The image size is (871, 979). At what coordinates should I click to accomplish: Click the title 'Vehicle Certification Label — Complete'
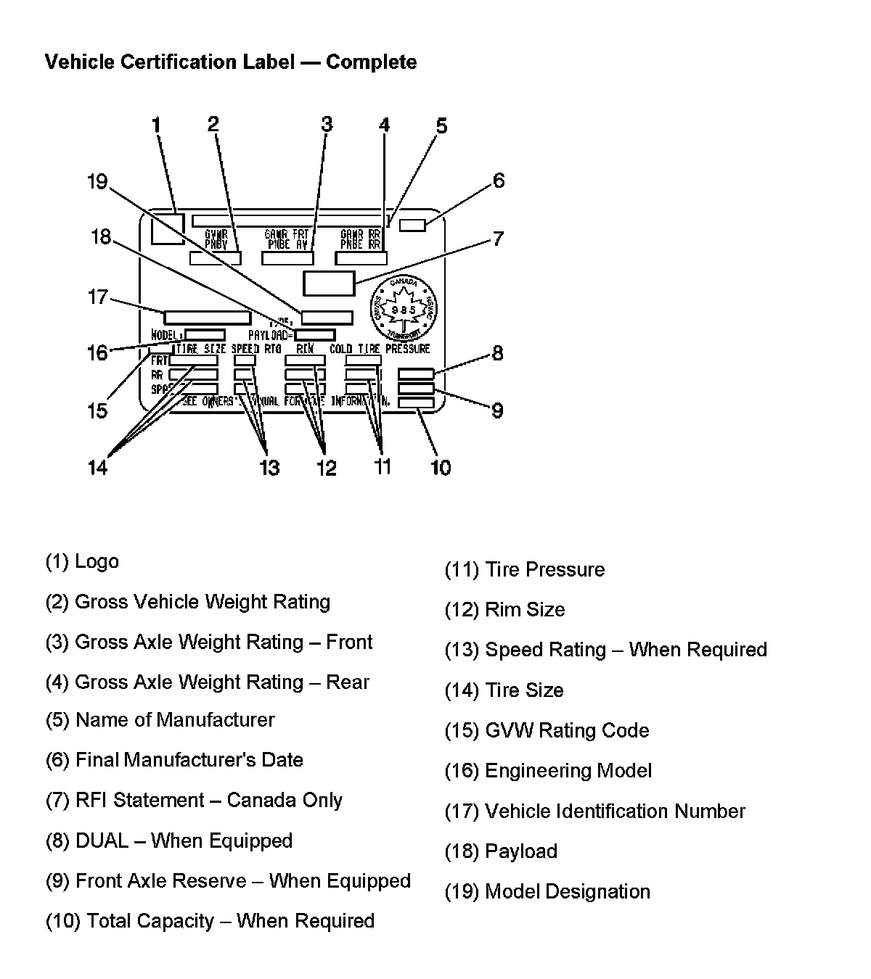(x=231, y=62)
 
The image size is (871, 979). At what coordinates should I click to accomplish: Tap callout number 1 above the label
(x=155, y=125)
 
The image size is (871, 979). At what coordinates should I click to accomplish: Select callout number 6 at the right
(x=499, y=181)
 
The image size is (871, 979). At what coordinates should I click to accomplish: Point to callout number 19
(x=97, y=181)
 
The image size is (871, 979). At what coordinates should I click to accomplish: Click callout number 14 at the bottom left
(x=97, y=468)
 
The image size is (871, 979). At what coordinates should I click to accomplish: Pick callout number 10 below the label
(x=441, y=468)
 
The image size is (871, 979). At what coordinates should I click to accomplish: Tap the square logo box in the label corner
(x=168, y=228)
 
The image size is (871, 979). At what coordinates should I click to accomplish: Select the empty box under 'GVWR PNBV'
(x=215, y=258)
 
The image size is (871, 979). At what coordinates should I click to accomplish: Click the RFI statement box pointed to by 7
(x=329, y=283)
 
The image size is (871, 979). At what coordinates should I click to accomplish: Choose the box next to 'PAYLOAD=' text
(x=315, y=335)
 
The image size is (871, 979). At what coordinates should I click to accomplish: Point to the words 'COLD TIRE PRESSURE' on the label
(x=380, y=349)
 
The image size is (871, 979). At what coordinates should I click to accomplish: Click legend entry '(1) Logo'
(x=82, y=561)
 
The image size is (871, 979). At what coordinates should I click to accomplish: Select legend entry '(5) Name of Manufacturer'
(x=160, y=720)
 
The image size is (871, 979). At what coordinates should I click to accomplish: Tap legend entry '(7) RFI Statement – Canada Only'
(x=194, y=801)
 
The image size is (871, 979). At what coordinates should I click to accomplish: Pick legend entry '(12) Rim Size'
(x=504, y=610)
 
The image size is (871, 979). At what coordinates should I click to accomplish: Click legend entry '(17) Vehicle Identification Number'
(x=594, y=811)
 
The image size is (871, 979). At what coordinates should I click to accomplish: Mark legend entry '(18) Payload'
(x=501, y=851)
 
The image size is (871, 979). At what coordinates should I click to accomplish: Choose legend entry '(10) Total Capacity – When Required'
(x=210, y=922)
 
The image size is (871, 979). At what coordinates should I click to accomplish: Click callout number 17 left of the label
(x=97, y=297)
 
